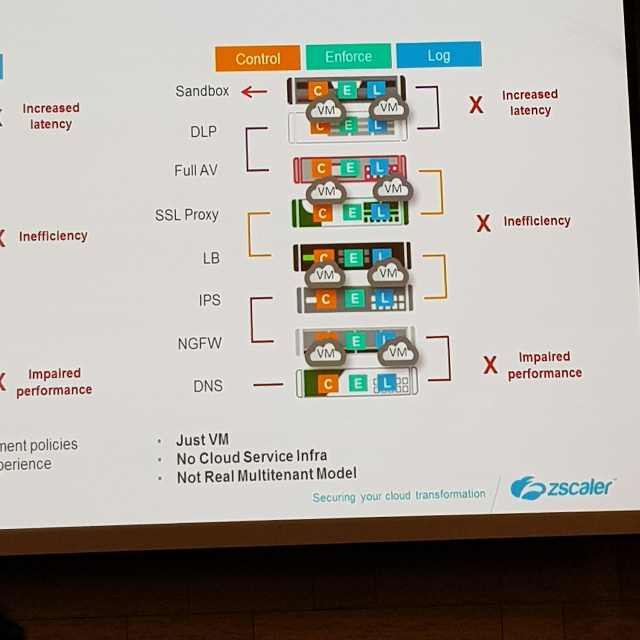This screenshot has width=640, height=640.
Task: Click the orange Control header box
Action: (257, 58)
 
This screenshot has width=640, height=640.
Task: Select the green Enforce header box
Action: (348, 56)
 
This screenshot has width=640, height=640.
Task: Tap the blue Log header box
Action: (438, 55)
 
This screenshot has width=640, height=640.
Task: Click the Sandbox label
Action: (202, 91)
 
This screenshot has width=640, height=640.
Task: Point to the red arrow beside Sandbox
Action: (254, 92)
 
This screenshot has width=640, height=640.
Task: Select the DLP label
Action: (203, 131)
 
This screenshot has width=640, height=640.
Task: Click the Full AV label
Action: (196, 170)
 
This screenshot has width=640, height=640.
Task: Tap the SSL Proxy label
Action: (186, 215)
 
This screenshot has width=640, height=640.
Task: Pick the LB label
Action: (211, 258)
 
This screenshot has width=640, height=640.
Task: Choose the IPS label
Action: (209, 300)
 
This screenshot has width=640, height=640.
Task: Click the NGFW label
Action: (199, 343)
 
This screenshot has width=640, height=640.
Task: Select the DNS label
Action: (208, 386)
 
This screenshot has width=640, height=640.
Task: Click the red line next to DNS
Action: (268, 384)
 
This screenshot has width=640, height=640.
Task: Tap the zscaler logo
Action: (561, 487)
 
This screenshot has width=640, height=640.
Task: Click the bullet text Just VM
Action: (202, 440)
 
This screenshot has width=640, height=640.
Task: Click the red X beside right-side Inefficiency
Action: (483, 223)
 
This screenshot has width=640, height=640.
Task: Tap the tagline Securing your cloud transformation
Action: (398, 496)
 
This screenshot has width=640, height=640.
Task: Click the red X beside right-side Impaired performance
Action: (490, 365)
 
